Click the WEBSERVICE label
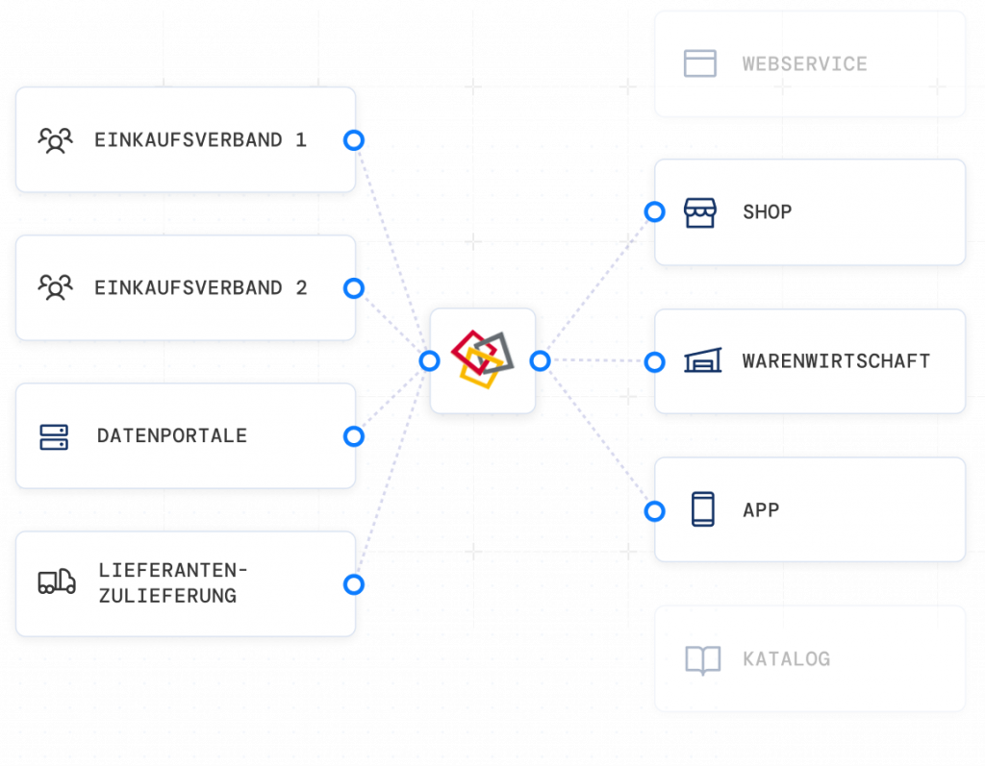[804, 64]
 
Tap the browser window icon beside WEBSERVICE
[700, 63]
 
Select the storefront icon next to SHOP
[700, 212]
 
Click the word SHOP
[767, 212]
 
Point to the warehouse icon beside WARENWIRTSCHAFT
[701, 361]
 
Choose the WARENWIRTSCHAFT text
[836, 361]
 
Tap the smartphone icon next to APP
[703, 509]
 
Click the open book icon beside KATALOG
[702, 659]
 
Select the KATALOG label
[786, 659]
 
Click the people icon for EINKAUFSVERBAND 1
[56, 140]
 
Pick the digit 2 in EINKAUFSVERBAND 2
[301, 287]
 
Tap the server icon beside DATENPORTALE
[54, 436]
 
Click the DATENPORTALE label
[171, 436]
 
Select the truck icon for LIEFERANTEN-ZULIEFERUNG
[57, 581]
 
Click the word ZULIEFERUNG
[166, 596]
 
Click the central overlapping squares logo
[482, 359]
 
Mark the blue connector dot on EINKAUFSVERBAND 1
[353, 140]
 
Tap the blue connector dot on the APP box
[654, 511]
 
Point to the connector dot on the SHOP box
[654, 212]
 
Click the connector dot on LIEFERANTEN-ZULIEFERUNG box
[353, 584]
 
